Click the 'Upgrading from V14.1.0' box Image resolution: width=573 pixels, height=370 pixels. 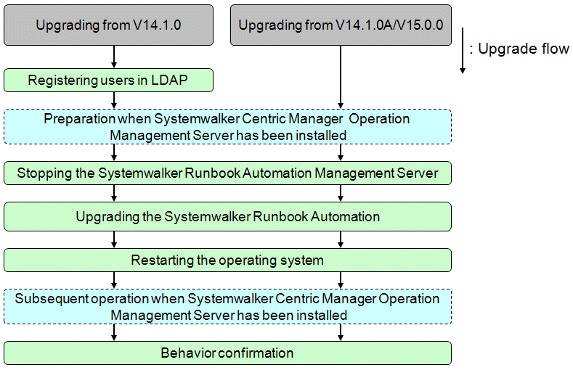point(108,25)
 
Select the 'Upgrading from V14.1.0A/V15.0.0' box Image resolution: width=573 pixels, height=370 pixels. point(341,25)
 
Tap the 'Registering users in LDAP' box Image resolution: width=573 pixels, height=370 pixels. point(108,80)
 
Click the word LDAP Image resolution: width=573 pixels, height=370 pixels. point(169,80)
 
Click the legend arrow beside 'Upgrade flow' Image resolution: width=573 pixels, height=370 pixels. point(463,50)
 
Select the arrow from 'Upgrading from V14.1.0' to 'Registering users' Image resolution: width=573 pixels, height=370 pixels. point(114,57)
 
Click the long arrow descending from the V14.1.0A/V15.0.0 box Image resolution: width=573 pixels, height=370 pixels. point(341,77)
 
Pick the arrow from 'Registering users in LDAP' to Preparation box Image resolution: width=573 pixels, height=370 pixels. point(114,100)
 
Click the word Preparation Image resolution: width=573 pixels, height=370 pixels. point(79,119)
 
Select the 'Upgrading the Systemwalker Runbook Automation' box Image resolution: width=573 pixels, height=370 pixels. point(227,216)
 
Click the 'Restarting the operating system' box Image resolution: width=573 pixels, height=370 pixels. point(227,260)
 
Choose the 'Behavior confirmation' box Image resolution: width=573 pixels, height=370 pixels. point(227,353)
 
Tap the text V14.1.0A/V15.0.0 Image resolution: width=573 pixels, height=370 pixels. point(389,25)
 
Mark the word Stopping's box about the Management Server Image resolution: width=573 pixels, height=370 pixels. point(227,173)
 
